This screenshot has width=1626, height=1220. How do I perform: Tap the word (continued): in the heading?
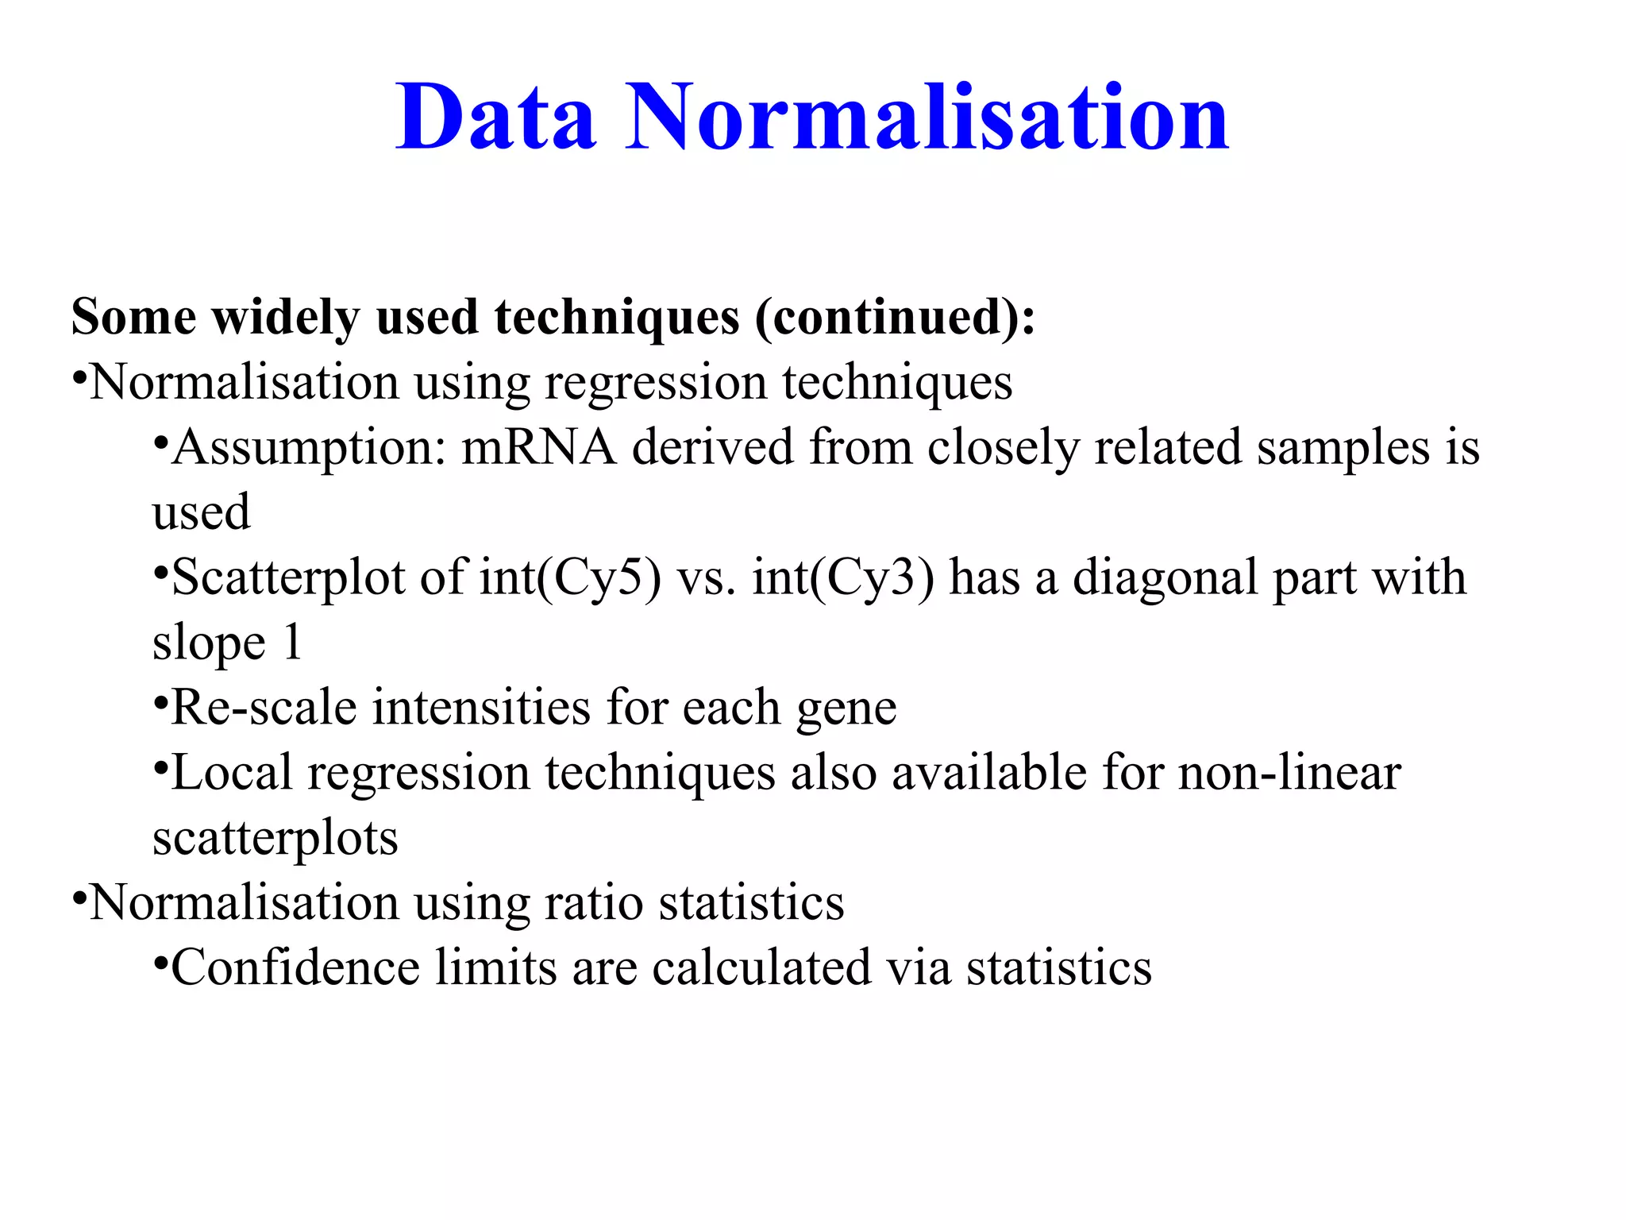pyautogui.click(x=895, y=318)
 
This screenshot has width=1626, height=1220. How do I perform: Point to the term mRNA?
pyautogui.click(x=538, y=446)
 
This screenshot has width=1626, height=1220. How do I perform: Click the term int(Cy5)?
pyautogui.click(x=570, y=578)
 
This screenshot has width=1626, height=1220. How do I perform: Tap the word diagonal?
pyautogui.click(x=1165, y=578)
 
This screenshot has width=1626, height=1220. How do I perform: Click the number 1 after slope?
pyautogui.click(x=293, y=642)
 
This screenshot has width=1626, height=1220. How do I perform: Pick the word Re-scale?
pyautogui.click(x=264, y=708)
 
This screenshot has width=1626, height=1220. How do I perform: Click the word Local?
pyautogui.click(x=232, y=773)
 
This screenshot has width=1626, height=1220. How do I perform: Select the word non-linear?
pyautogui.click(x=1289, y=773)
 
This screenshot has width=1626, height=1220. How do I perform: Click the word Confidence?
pyautogui.click(x=295, y=968)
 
